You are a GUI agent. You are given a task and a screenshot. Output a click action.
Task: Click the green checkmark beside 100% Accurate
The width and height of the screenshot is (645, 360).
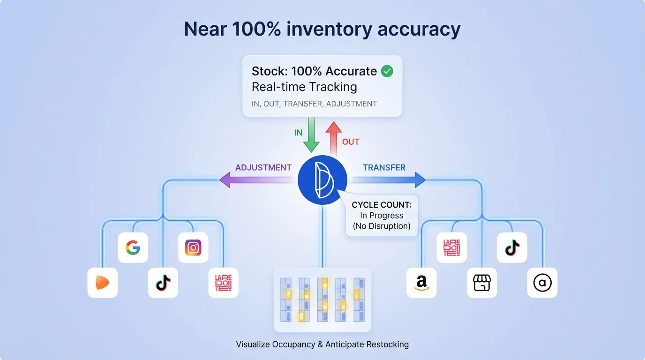point(387,71)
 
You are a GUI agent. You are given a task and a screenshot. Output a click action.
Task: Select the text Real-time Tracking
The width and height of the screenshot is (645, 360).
point(304,87)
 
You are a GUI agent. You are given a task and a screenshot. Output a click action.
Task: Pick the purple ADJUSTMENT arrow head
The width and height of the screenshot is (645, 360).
point(225,180)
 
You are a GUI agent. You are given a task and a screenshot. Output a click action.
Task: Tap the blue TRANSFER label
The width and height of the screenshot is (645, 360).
point(384,167)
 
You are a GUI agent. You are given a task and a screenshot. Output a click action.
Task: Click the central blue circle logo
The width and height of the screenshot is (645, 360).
point(322,180)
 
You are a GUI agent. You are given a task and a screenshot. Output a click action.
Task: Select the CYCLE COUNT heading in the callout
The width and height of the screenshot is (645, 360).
point(381,205)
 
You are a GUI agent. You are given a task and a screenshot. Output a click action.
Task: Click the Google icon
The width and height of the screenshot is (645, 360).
point(133,247)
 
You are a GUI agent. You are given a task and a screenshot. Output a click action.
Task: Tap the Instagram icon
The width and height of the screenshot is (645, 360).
point(193,247)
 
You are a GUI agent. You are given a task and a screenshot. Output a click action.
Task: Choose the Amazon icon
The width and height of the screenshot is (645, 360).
point(421,283)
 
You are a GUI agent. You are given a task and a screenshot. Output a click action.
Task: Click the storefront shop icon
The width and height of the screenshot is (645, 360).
point(481,283)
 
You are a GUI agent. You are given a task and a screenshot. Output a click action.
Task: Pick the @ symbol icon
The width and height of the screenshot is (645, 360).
point(542,283)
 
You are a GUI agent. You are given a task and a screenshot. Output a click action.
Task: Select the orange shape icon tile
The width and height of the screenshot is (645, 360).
point(103,283)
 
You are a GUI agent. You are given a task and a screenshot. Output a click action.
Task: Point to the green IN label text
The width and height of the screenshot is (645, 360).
point(298,133)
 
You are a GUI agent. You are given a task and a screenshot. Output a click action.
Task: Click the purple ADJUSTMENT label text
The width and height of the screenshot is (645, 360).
point(263,167)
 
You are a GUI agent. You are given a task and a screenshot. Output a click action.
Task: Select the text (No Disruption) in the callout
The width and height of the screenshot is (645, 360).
point(381,226)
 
